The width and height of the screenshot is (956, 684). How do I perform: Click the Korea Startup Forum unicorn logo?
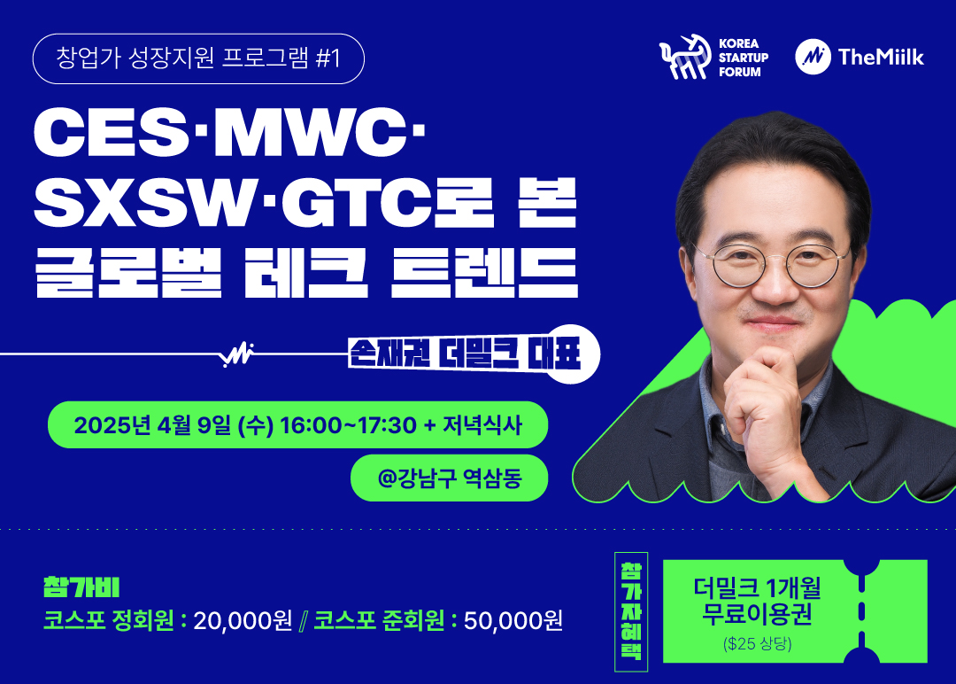pos(684,58)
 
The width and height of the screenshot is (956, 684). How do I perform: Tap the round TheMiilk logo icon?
pos(813,57)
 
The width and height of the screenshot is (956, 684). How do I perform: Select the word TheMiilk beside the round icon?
pos(881,57)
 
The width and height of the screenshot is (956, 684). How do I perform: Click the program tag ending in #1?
pos(198,58)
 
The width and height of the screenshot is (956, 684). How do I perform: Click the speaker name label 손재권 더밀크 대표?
pos(465,354)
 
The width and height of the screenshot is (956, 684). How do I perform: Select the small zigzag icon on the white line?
pos(237,354)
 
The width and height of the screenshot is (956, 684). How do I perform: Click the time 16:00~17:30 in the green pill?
pos(348,424)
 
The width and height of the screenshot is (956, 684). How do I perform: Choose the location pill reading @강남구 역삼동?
pos(450,478)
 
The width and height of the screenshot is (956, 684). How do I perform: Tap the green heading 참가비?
pos(81,587)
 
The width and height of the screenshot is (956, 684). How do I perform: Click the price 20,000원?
pos(243,620)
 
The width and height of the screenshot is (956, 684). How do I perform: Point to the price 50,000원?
pos(513,620)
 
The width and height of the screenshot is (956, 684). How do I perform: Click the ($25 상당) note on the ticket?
pos(757,644)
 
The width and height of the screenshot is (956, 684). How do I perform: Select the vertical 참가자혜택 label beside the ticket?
pos(631,611)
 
